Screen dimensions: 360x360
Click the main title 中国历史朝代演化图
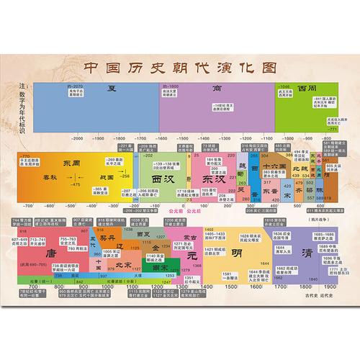181,66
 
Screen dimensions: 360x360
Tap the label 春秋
48,176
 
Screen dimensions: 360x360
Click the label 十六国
275,165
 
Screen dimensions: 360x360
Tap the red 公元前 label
173,212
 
